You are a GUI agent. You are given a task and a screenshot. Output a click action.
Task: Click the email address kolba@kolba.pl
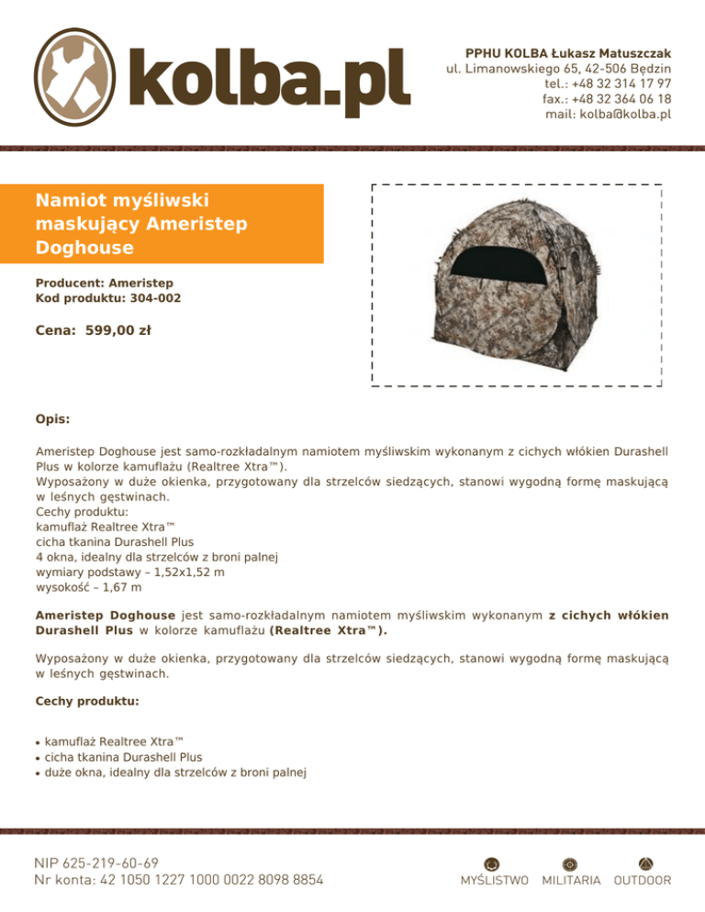point(608,115)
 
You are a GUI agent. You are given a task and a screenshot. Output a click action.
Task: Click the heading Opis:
point(52,418)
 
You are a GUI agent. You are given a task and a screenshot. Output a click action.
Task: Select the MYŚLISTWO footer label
point(494,881)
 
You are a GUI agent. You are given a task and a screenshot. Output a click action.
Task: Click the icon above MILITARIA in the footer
point(570,862)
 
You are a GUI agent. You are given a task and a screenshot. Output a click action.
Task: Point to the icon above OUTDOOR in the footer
point(643,862)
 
